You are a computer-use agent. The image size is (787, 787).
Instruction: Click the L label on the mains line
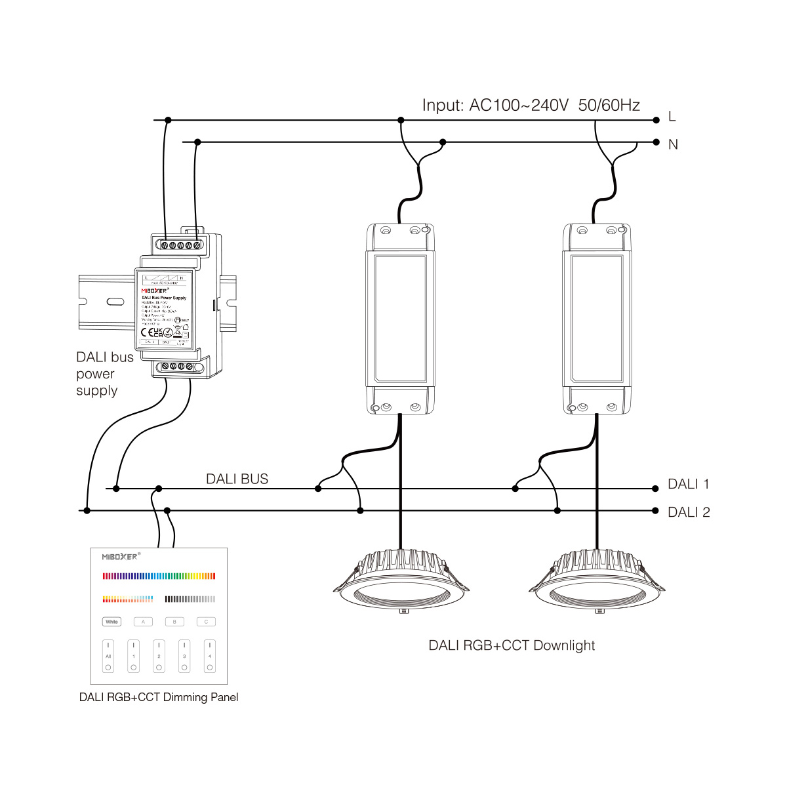pos(672,117)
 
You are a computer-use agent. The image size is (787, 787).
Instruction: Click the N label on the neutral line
pos(673,144)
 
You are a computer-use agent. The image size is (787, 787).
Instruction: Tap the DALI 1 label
pos(688,484)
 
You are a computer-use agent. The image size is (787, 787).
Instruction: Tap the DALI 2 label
pos(689,512)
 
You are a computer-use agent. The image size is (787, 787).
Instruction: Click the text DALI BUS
pos(237,479)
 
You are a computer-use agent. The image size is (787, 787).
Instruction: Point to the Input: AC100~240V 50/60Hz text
pos(531,105)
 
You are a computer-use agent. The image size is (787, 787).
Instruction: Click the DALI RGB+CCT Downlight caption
pos(512,645)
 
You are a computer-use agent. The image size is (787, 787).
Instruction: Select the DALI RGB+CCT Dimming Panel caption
pos(159,697)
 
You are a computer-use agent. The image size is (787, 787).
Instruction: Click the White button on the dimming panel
pos(112,622)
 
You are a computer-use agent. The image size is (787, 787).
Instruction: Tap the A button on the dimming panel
pos(143,622)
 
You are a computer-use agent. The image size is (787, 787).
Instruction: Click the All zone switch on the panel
pos(108,656)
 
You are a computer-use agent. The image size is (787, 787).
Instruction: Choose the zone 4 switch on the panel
pos(210,656)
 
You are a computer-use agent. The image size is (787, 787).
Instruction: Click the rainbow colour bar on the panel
pos(159,576)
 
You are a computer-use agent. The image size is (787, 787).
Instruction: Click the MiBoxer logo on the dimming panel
pos(120,556)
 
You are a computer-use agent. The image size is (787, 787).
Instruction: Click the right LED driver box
pos(597,319)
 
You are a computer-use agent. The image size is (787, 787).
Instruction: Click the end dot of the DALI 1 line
pos(655,489)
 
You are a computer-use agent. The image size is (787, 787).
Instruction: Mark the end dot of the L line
pos(656,120)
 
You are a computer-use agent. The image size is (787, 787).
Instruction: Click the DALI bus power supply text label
pos(104,374)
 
